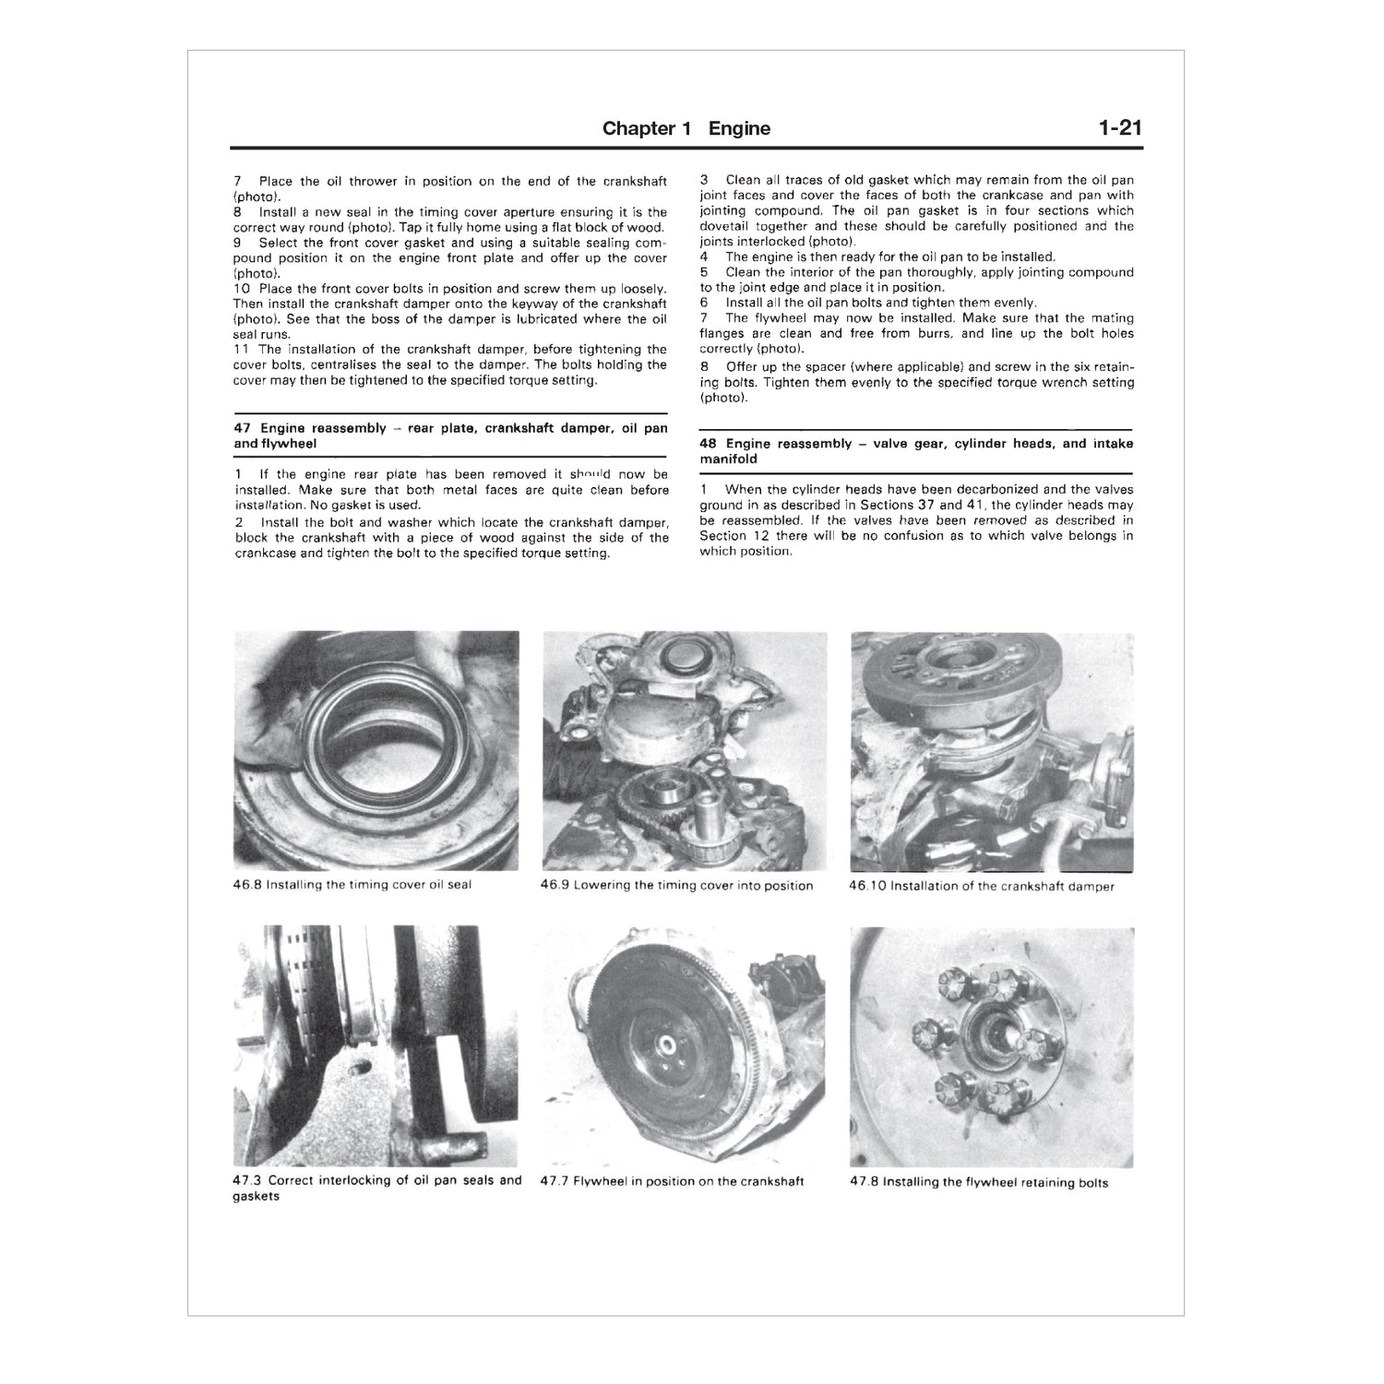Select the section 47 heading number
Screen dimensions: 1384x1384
(x=243, y=428)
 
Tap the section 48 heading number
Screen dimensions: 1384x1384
(x=709, y=444)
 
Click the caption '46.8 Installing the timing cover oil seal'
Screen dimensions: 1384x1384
(x=352, y=885)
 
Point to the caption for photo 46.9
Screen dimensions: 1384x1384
(x=677, y=886)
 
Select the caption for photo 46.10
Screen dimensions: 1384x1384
(x=982, y=887)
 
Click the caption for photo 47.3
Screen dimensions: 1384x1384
(x=376, y=1187)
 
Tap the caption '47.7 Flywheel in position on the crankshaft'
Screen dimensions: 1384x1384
(x=673, y=1181)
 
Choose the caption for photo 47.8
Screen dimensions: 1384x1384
(x=979, y=1182)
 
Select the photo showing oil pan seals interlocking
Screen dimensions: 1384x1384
(x=376, y=1046)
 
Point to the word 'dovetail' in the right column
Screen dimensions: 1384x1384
(x=724, y=226)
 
